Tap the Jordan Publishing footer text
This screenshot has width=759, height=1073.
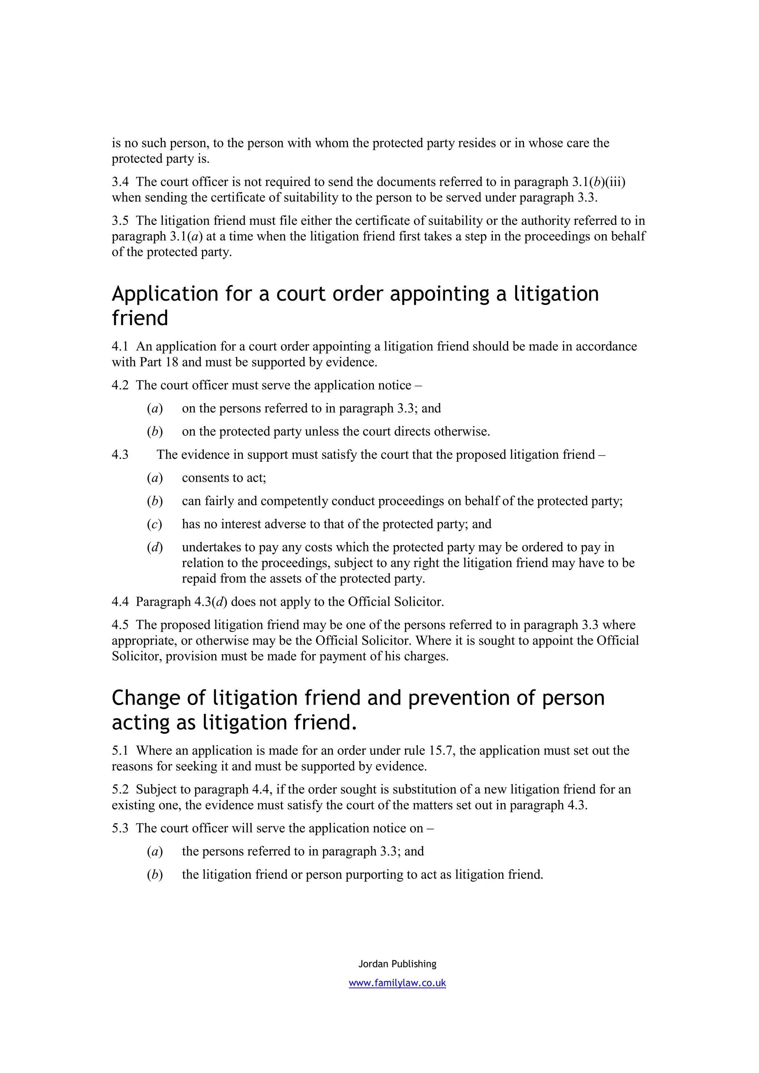tap(397, 964)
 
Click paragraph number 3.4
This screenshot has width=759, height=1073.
tap(120, 182)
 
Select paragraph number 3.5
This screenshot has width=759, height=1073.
tap(120, 221)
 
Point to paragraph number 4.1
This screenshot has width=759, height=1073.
tap(120, 346)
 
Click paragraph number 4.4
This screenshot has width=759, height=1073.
tap(120, 601)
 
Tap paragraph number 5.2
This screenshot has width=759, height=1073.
tap(120, 789)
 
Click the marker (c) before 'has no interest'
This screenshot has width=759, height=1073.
tap(154, 524)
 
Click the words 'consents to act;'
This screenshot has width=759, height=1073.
tap(223, 478)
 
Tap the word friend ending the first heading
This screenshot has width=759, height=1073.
tap(140, 318)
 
